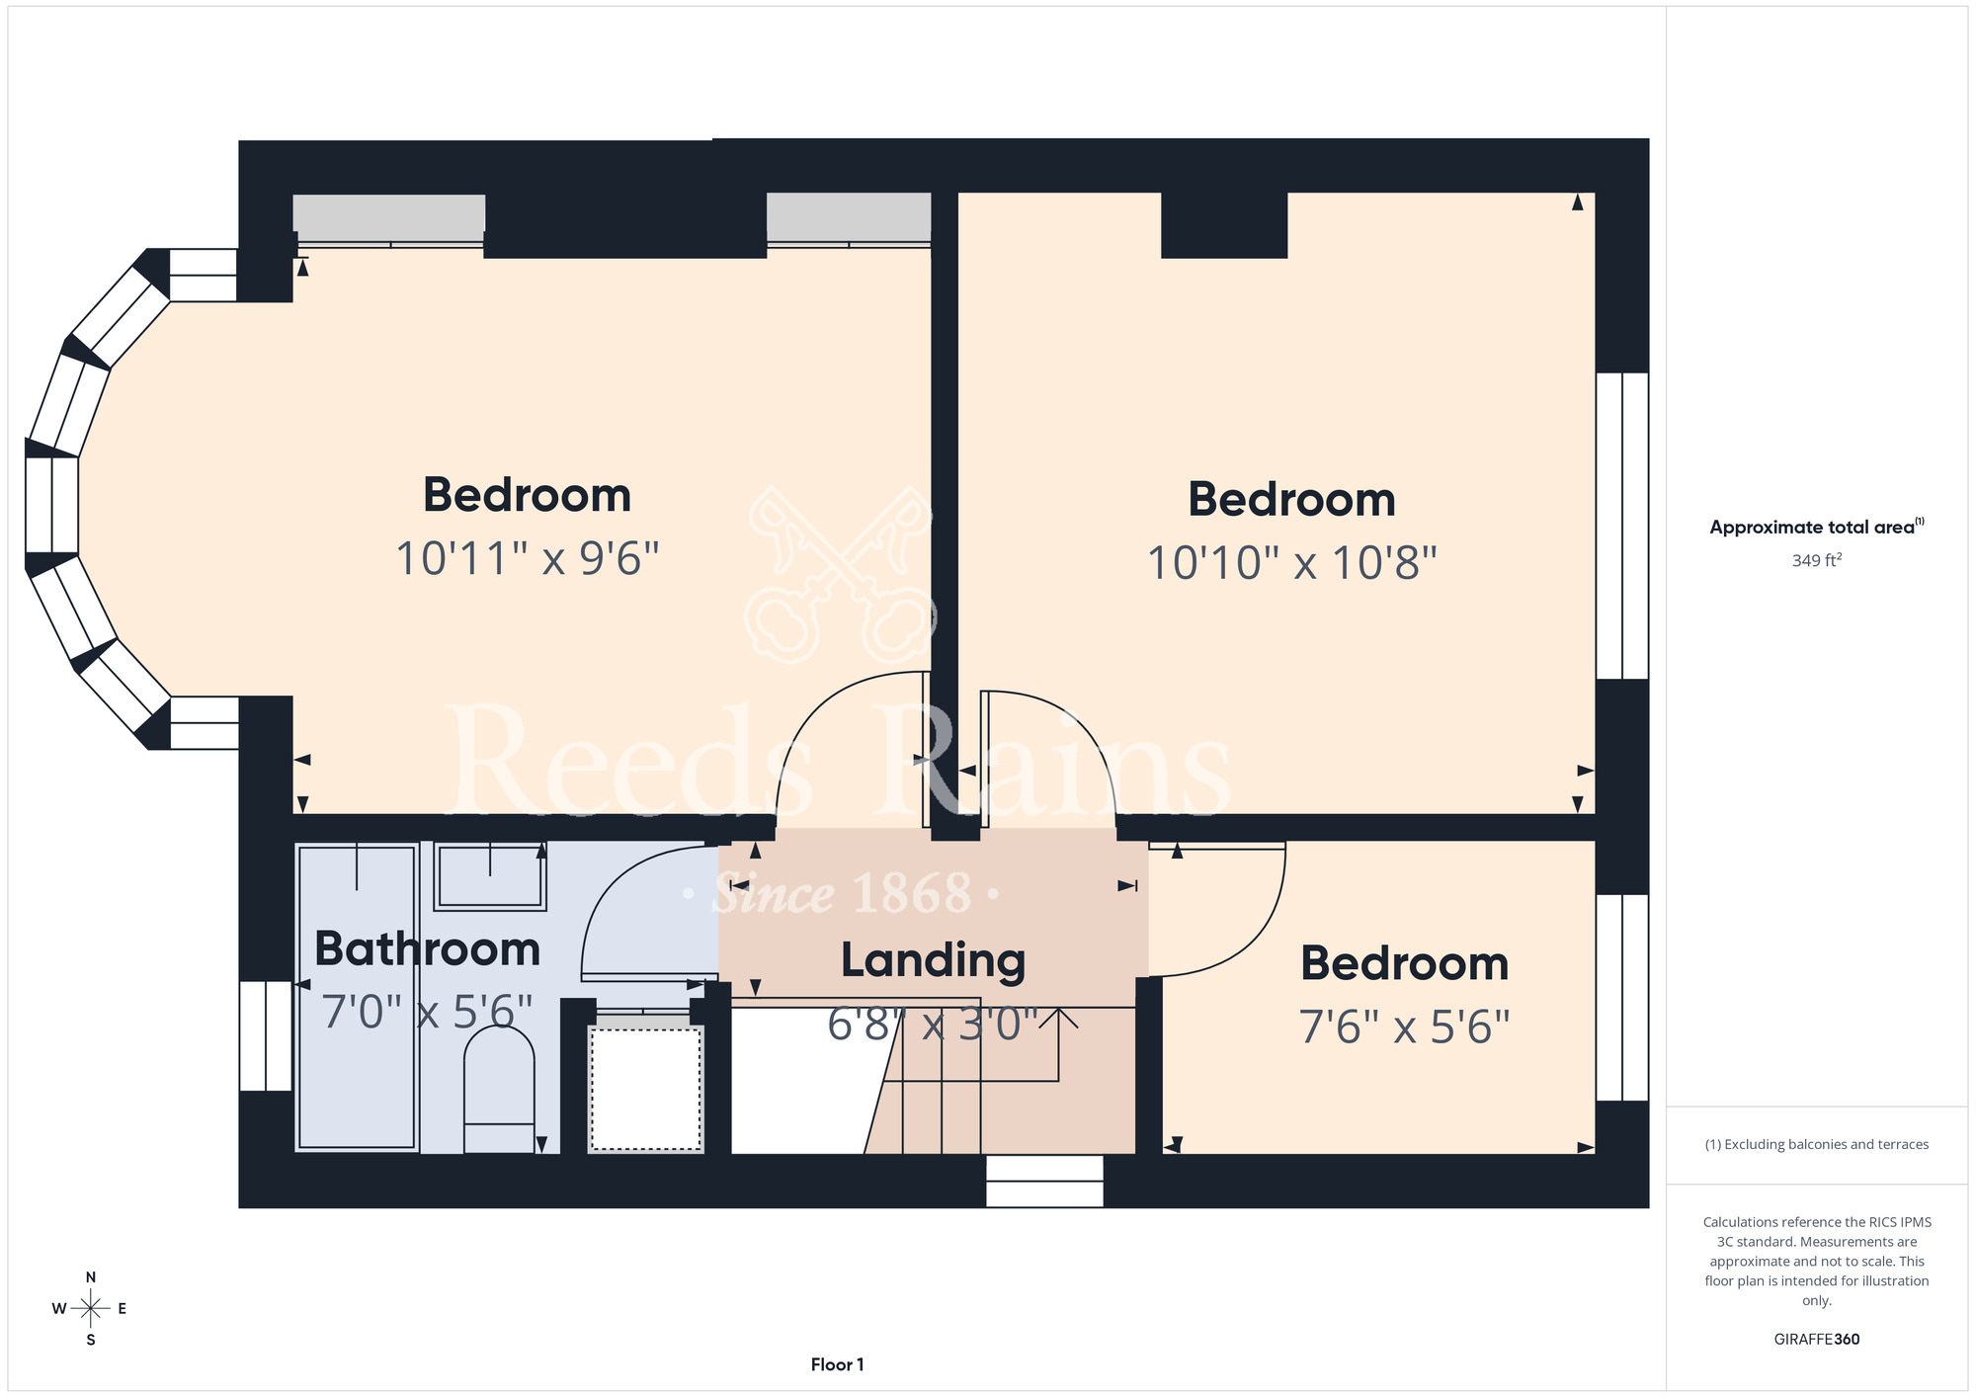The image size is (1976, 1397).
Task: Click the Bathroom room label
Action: (x=428, y=949)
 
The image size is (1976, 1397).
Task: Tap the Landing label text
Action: (x=934, y=961)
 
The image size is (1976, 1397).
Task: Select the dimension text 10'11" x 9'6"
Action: (x=528, y=558)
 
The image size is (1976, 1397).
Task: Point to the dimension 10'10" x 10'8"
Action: (x=1292, y=563)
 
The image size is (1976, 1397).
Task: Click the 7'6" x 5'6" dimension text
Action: (x=1405, y=1027)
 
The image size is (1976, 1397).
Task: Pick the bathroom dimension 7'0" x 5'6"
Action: (x=428, y=1012)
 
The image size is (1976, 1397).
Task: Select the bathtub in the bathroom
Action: (x=358, y=997)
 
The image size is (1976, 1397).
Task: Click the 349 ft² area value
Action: (x=1817, y=560)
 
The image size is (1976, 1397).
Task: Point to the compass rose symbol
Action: (x=91, y=1309)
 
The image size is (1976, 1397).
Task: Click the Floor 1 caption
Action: (x=838, y=1364)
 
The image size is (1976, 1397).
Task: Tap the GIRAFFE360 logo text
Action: (x=1817, y=1340)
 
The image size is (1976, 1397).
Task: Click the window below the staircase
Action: (x=1044, y=1181)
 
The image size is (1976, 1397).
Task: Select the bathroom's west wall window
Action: (x=266, y=1036)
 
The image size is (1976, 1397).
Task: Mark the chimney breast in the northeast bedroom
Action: (x=1224, y=225)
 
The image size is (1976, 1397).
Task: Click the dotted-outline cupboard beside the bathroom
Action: (x=646, y=1089)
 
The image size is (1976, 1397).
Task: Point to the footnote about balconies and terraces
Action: (x=1817, y=1145)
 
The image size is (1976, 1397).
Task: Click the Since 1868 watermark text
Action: (x=843, y=894)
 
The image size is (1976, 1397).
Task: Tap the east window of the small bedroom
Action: (x=1622, y=998)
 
